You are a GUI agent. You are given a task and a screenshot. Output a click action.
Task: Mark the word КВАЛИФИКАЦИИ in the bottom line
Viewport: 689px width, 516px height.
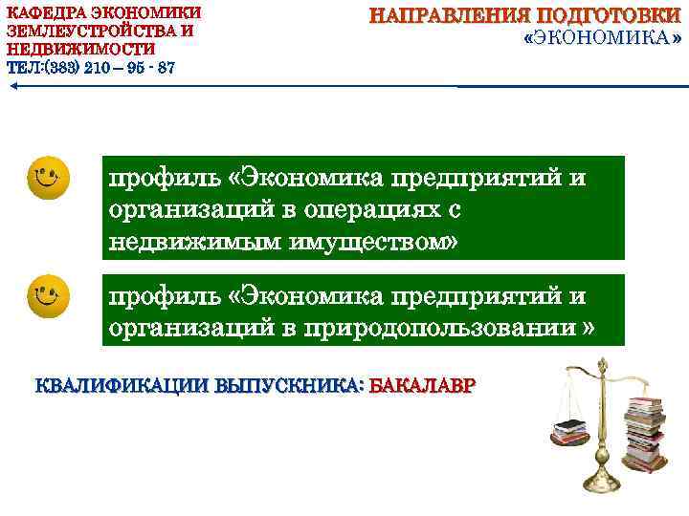click(x=123, y=387)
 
